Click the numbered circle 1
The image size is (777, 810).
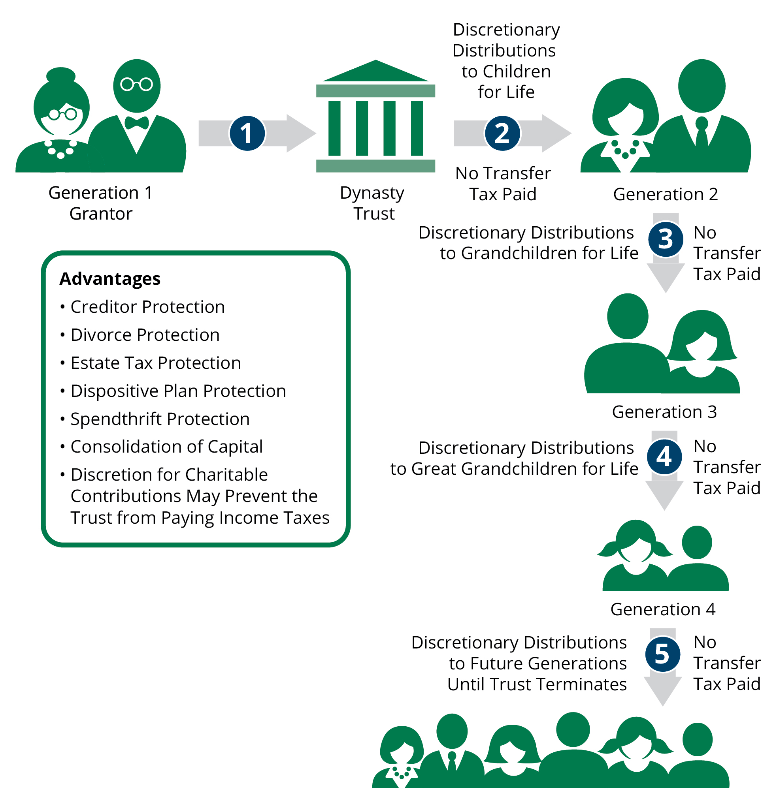[x=247, y=133]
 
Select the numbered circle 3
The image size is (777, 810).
[x=665, y=239]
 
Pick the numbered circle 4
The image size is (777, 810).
[x=664, y=456]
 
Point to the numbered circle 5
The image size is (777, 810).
[x=662, y=654]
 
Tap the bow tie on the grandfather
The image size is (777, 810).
[x=136, y=123]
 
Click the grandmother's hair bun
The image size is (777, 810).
[x=61, y=75]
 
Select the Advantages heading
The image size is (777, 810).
[x=109, y=278]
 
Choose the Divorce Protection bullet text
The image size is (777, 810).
[x=145, y=335]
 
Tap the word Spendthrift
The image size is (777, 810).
[x=116, y=419]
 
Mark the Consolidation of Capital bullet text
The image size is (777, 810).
[x=166, y=447]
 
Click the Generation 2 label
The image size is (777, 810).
[x=665, y=194]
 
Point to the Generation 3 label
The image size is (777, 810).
[x=664, y=412]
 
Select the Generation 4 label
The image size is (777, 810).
[x=662, y=609]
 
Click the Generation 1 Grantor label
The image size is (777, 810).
[x=100, y=203]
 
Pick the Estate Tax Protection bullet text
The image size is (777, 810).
[x=155, y=363]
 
